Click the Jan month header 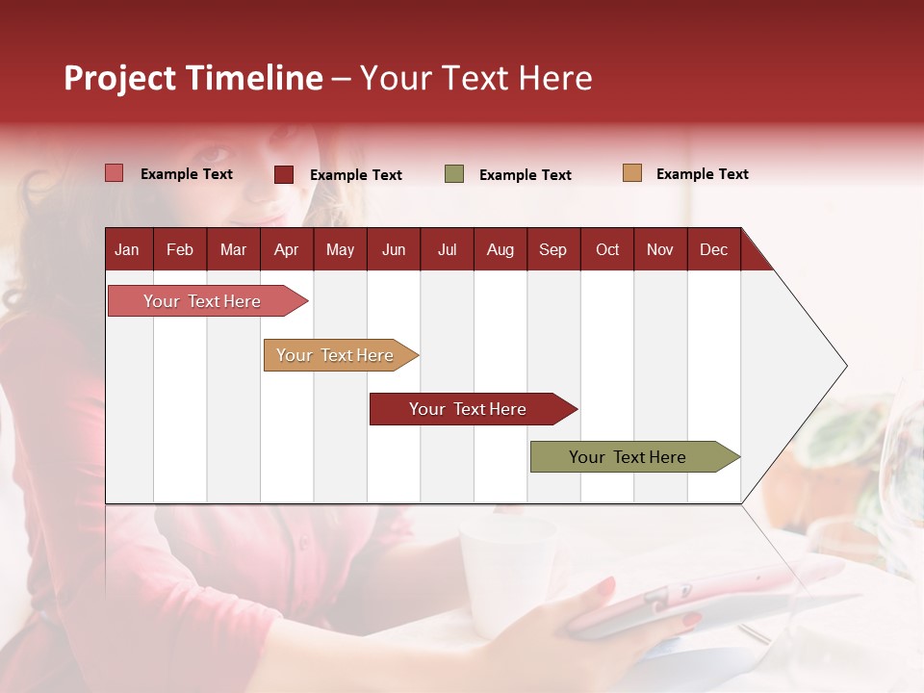[127, 250]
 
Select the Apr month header [286, 250]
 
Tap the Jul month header [447, 250]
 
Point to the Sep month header [552, 250]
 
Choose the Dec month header [713, 250]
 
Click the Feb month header [180, 250]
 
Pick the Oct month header [607, 250]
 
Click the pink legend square [115, 173]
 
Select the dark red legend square [284, 174]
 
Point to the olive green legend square [454, 174]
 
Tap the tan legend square [632, 173]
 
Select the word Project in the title [120, 78]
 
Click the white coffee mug [506, 573]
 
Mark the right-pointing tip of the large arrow [845, 366]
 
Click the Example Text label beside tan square [702, 174]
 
